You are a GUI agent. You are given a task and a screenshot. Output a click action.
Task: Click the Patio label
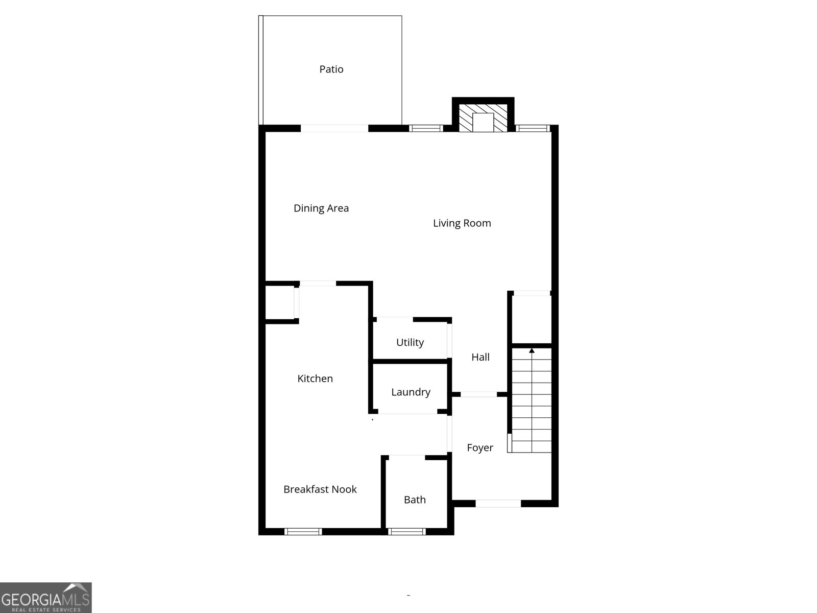pos(331,69)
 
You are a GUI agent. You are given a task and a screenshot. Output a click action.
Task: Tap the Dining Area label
pos(321,208)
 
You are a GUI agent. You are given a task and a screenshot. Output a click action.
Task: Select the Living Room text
pos(462,223)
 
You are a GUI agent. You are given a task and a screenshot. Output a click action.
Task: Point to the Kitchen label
pos(315,379)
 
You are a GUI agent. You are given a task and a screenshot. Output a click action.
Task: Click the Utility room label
pos(410,342)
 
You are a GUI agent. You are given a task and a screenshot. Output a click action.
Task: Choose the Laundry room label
pos(411,392)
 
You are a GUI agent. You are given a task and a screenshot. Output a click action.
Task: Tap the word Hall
pos(480,357)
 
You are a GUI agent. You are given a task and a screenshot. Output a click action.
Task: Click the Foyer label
pos(480,447)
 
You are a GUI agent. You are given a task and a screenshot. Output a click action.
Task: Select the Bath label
pos(415,500)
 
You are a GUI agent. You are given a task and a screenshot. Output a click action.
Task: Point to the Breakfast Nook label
pos(320,489)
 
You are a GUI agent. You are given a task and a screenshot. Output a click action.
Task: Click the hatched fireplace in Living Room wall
pos(483,119)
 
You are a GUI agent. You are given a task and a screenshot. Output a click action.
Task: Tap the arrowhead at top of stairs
pos(532,350)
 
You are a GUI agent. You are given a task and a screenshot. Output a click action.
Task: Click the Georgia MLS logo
pos(46,598)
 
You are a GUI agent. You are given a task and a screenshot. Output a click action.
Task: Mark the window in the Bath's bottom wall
pos(406,532)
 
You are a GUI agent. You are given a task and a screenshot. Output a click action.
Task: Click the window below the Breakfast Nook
pos(303,532)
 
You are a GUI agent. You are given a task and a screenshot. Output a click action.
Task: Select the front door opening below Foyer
pos(498,504)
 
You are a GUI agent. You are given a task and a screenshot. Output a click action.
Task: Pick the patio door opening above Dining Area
pos(334,128)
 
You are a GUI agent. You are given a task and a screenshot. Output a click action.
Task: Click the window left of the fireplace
pos(426,128)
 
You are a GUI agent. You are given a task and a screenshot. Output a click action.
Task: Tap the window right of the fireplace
pos(532,128)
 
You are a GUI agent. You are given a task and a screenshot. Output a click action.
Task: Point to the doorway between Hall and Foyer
pos(478,394)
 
